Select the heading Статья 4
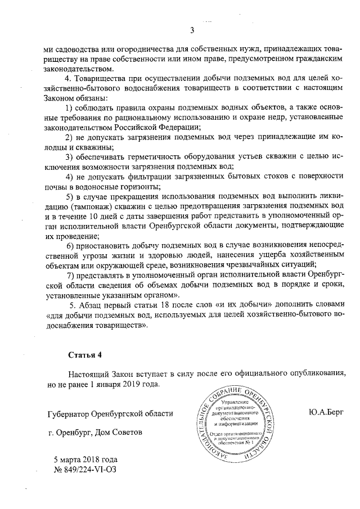coord(84,355)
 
